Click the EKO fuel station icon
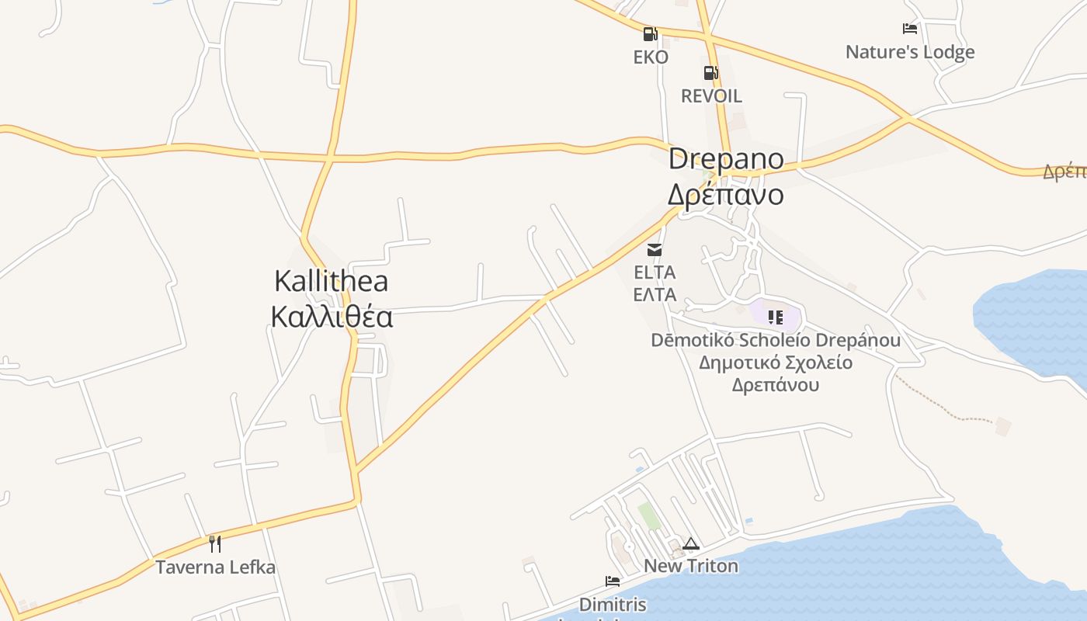coord(650,34)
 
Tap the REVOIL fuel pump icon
coord(710,73)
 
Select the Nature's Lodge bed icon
coord(910,29)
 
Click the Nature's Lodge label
coord(910,52)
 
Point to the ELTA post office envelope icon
coord(655,250)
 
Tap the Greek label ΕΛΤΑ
coord(655,295)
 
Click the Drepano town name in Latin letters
coord(726,159)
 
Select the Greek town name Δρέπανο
coord(726,195)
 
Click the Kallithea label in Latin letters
coord(332,281)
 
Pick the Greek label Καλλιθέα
coord(332,317)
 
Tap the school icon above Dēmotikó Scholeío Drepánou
coord(775,317)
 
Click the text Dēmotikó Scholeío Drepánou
coord(776,340)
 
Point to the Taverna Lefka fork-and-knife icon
coord(215,543)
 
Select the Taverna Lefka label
coord(215,567)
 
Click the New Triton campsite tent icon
coord(691,543)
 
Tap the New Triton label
coord(691,566)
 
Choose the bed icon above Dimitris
coord(613,581)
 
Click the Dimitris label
coord(613,604)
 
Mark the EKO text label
coord(651,57)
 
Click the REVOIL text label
coord(711,96)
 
